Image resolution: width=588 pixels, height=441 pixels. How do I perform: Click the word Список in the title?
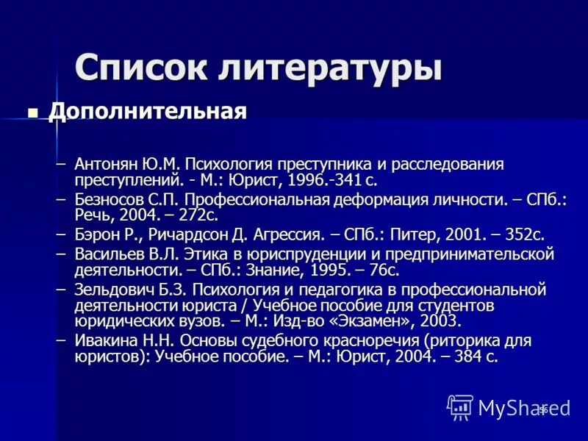[140, 68]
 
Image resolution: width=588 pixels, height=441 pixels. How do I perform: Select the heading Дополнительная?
[147, 112]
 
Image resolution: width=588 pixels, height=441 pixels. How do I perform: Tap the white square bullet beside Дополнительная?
[32, 113]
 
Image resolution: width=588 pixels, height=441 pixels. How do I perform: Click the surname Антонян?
[106, 163]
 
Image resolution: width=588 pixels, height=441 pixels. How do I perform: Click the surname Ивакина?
[107, 340]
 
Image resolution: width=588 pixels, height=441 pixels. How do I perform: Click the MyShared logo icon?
[461, 406]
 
